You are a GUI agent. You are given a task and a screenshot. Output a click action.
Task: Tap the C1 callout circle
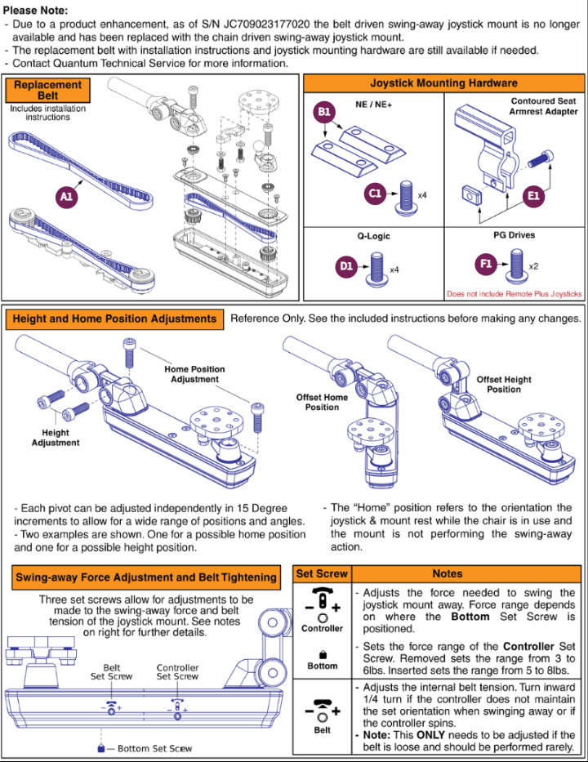tap(376, 194)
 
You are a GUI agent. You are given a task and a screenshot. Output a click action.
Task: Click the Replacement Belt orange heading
tap(48, 90)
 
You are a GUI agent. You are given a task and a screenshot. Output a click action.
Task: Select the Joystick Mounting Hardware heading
tap(443, 82)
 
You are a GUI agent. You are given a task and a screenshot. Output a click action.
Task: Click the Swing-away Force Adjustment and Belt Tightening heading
tap(146, 577)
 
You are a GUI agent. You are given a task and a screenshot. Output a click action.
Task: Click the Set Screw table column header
tap(322, 574)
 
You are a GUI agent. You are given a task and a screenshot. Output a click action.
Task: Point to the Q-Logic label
tap(373, 236)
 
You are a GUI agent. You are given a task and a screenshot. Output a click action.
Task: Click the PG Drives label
tap(514, 235)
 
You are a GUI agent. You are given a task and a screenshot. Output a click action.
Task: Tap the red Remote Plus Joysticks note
tap(514, 294)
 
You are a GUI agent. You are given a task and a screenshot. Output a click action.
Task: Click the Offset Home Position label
tap(322, 402)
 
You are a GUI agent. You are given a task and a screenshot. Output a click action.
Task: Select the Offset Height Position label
tap(504, 384)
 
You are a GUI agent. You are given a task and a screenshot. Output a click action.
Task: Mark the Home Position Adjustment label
tap(194, 374)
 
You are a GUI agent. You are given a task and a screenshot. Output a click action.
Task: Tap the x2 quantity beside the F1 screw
tap(533, 267)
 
